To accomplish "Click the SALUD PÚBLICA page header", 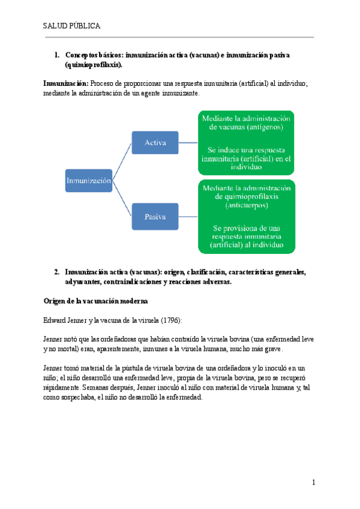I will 71,26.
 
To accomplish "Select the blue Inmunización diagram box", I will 88,180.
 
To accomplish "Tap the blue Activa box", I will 155,143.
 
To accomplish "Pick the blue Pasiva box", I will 155,217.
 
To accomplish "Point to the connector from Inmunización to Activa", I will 122,161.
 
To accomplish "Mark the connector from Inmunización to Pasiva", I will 122,199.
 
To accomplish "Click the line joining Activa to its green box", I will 188,143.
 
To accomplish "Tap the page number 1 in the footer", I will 313,483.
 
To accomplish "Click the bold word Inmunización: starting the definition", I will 66,83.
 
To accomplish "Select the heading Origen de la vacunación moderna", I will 96,300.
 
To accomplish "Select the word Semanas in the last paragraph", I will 86,387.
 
